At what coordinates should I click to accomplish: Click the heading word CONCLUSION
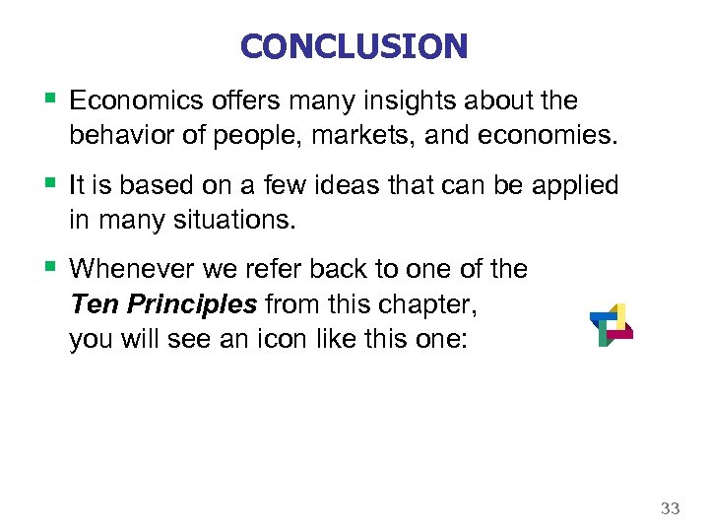click(354, 46)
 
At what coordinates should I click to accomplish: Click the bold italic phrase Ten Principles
click(163, 303)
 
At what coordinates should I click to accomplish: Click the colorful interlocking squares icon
click(611, 325)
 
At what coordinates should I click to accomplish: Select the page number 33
click(670, 508)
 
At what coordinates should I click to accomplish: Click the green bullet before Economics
click(49, 99)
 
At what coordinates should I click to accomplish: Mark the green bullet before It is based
click(49, 182)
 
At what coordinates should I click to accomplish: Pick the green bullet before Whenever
click(49, 267)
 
